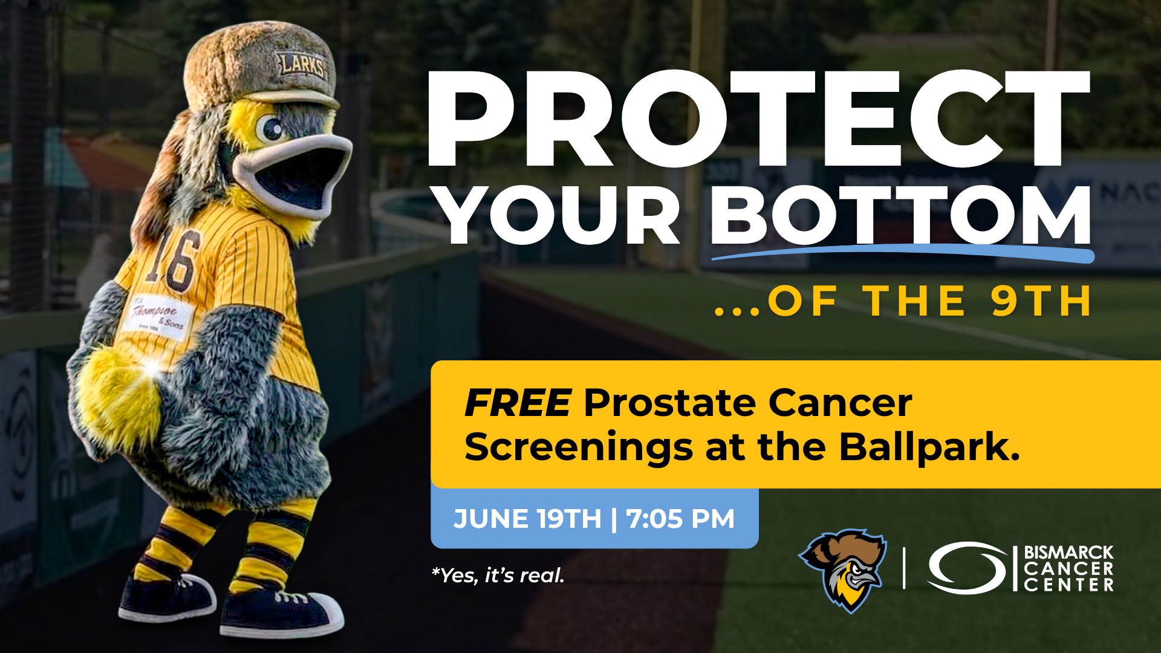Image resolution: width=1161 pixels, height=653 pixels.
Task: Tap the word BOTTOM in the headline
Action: (x=902, y=215)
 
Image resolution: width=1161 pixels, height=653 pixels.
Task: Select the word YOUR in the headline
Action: (x=558, y=215)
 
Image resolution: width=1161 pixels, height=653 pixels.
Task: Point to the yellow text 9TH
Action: (x=1041, y=301)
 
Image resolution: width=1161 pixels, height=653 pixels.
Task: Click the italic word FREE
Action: (x=518, y=403)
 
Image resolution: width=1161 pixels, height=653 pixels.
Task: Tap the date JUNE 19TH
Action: (x=527, y=519)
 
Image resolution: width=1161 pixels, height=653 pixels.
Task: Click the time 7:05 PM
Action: (x=680, y=519)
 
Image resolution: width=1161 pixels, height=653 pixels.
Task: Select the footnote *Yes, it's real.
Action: (x=498, y=575)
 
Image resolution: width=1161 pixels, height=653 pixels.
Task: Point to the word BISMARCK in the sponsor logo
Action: (x=1068, y=552)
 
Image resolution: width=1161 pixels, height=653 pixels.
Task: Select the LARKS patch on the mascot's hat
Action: (x=301, y=65)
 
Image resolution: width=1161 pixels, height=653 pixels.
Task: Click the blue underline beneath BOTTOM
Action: (x=903, y=253)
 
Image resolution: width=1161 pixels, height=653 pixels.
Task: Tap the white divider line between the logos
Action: (x=904, y=568)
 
